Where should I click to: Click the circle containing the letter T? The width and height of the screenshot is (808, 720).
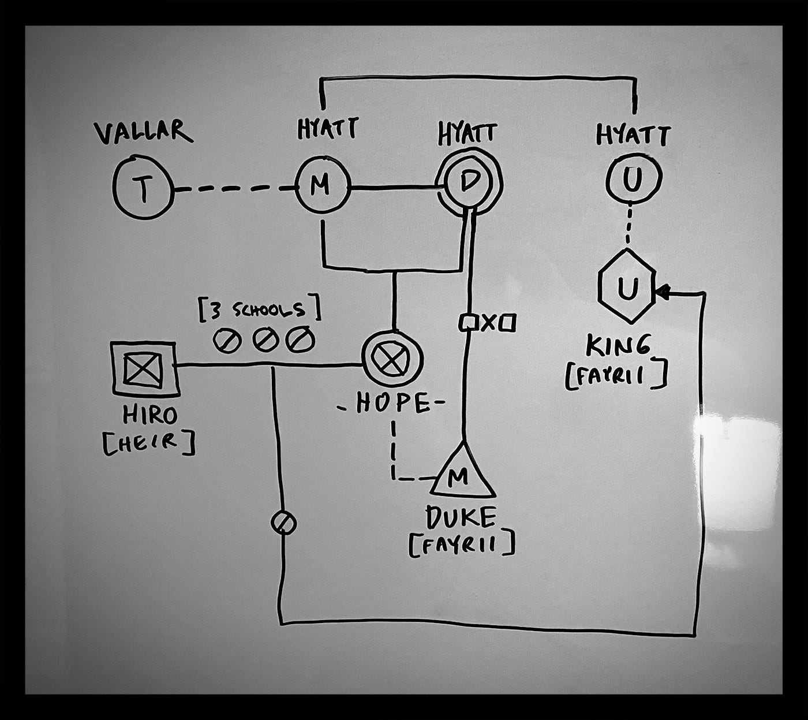(x=143, y=188)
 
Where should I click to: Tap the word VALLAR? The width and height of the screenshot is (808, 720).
(x=143, y=132)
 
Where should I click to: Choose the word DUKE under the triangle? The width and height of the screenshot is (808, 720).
(x=460, y=518)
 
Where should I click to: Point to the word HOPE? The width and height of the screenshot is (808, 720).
(x=392, y=403)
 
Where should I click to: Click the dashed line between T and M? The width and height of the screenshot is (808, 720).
(x=234, y=188)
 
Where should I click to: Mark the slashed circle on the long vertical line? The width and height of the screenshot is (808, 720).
(x=283, y=523)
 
